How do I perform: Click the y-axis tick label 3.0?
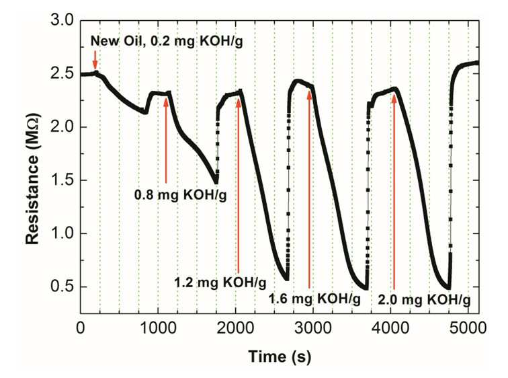62,21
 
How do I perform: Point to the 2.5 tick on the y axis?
62,74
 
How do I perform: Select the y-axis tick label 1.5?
62,180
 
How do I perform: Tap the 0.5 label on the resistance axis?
62,287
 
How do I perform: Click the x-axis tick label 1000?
158,328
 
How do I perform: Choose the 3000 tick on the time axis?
313,328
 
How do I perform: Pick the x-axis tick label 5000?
468,328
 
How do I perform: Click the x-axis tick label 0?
81,328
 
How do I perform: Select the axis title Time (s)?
280,356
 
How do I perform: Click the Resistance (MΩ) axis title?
33,179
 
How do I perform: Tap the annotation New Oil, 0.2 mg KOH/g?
167,42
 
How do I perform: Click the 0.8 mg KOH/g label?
181,195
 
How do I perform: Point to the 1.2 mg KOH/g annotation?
220,282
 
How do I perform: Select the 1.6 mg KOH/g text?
314,299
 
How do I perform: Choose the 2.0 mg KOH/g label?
424,300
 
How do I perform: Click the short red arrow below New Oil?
95,60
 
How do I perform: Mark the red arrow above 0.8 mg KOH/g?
166,141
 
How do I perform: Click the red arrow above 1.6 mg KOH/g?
309,190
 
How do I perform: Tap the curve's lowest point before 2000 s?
216,182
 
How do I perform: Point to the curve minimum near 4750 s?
448,288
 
